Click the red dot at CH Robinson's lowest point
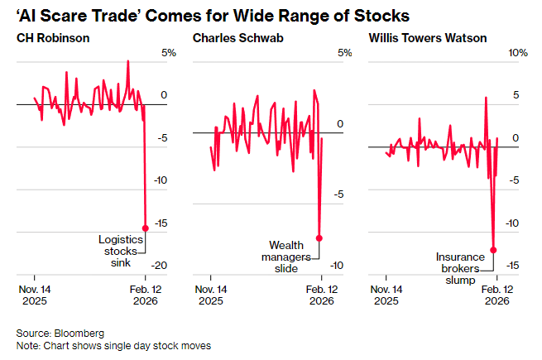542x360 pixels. click(x=146, y=228)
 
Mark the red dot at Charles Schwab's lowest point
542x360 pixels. click(x=319, y=238)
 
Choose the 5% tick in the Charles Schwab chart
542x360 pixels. click(x=345, y=53)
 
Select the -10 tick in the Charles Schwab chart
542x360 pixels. click(x=338, y=266)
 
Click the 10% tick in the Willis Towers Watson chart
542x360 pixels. click(x=517, y=53)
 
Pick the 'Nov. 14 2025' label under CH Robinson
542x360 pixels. click(x=34, y=295)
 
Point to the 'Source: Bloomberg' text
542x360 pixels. click(x=57, y=332)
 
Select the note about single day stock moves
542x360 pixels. click(x=113, y=345)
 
